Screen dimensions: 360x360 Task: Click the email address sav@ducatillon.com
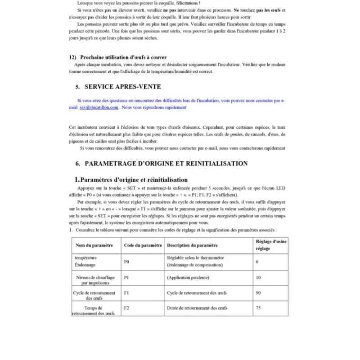(x=99, y=108)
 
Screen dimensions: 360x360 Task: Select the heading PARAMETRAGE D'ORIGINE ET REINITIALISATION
(x=166, y=163)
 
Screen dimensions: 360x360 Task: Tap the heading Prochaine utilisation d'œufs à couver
(x=123, y=57)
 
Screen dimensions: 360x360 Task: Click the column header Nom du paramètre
(x=94, y=245)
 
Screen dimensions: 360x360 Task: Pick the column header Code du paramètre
(x=143, y=245)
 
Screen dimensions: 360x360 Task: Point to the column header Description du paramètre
(x=192, y=245)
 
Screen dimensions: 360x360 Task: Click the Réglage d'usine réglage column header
(x=270, y=245)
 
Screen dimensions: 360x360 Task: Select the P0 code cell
(x=126, y=261)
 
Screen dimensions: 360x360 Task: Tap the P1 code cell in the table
(x=126, y=278)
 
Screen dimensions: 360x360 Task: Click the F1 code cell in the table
(x=126, y=292)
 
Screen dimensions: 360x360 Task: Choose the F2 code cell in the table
(x=126, y=308)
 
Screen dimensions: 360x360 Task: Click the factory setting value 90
(x=258, y=292)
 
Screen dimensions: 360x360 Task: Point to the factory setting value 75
(x=258, y=308)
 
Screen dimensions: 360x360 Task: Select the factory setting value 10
(x=258, y=278)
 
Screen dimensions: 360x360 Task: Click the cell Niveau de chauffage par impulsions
(x=95, y=280)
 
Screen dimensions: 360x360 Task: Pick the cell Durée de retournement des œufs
(x=197, y=308)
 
